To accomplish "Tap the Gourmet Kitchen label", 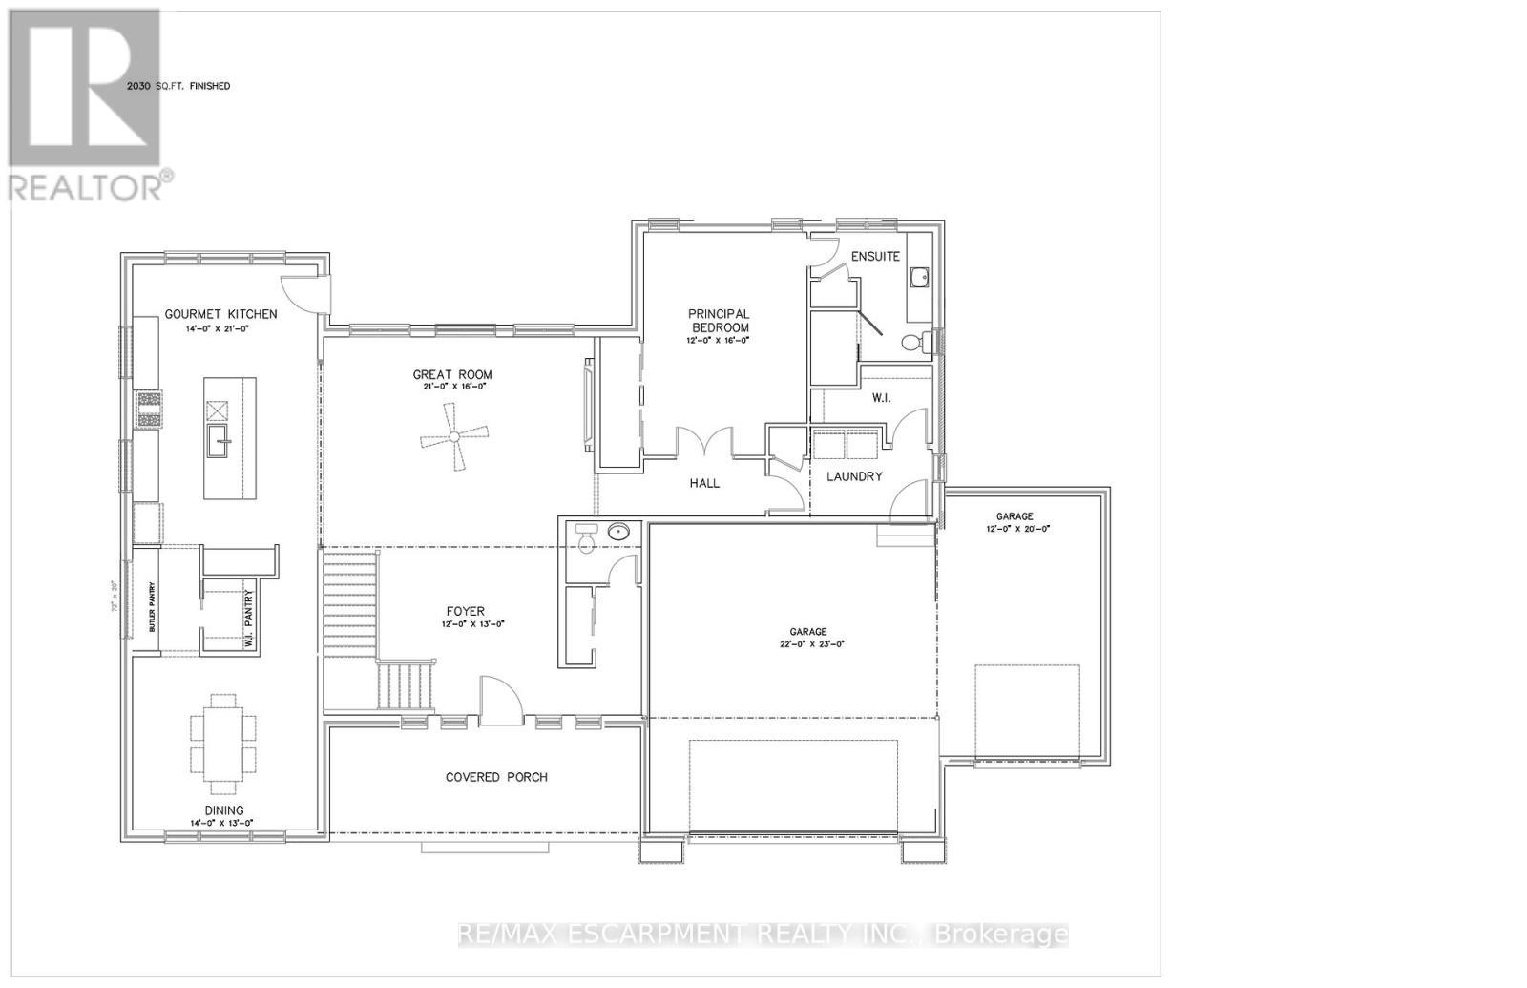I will coord(221,314).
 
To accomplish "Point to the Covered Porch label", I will coord(496,777).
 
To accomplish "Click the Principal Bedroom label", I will coord(720,320).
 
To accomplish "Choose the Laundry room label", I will coord(854,476).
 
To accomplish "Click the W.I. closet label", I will coord(880,397).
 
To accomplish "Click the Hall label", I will coord(704,483).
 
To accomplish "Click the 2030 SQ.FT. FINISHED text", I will coord(178,86).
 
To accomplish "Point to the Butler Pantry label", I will coord(151,607).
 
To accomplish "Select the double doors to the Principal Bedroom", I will coord(704,443).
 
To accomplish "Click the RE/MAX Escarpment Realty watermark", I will coord(763,934).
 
